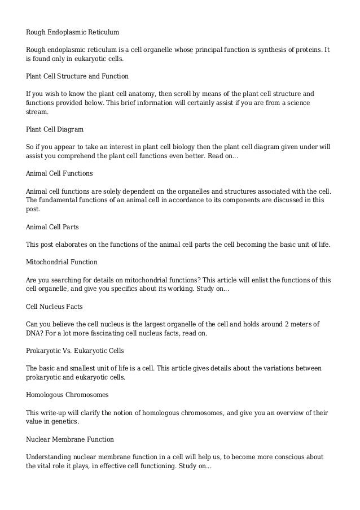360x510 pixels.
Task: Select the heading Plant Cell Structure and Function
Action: [77, 76]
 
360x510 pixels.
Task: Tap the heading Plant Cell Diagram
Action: [55, 129]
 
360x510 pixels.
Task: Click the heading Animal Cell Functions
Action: [59, 173]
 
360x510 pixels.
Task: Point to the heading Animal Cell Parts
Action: [52, 226]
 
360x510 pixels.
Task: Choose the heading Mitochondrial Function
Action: [62, 262]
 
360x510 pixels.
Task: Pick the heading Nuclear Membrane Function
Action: [70, 438]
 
